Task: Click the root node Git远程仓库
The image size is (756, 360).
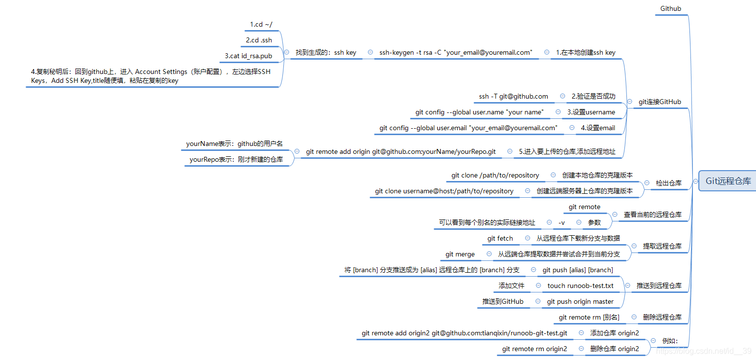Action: coord(728,181)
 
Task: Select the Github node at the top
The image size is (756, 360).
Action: coord(671,9)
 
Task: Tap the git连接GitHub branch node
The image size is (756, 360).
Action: coord(660,102)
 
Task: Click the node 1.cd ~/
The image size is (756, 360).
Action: coord(261,25)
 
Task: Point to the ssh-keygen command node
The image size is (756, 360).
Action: coord(456,52)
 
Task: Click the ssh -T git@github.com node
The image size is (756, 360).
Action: coord(513,97)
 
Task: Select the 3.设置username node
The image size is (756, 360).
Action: coord(591,112)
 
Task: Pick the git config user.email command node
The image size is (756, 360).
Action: coord(468,128)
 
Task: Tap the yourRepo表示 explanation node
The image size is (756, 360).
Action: coord(236,160)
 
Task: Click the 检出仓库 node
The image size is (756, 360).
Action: coord(668,183)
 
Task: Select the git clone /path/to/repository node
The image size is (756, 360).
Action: coord(495,176)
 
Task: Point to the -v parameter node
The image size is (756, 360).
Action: coord(562,223)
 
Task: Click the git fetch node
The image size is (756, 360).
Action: coord(500,239)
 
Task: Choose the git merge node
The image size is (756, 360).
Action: coord(460,254)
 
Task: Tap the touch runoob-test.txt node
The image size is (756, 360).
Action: coord(581,286)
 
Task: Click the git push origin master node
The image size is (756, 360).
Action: coord(580,302)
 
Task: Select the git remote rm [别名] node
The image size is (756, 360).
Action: coord(589,318)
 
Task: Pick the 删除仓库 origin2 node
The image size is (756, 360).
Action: coord(614,349)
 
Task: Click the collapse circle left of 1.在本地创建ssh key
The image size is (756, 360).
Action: coord(547,52)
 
